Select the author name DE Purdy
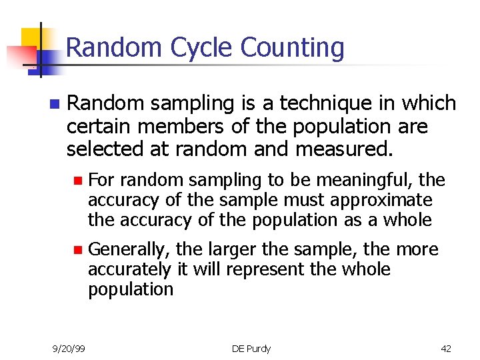(251, 348)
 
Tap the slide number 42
(446, 348)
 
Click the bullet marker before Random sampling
(53, 104)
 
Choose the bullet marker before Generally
(77, 250)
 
